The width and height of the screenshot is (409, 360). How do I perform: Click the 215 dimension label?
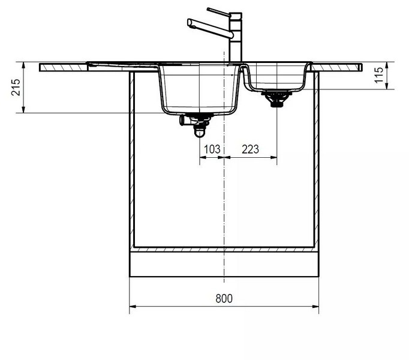16,87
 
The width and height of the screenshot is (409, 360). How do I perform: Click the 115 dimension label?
379,75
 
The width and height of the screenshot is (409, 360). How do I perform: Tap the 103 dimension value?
212,149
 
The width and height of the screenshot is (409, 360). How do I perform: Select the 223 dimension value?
251,149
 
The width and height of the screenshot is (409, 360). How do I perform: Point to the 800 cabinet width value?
224,298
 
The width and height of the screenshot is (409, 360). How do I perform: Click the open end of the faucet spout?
190,23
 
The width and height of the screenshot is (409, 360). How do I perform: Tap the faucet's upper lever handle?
218,12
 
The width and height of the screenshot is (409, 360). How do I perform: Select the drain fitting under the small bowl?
276,98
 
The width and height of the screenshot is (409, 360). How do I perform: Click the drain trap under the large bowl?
200,125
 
